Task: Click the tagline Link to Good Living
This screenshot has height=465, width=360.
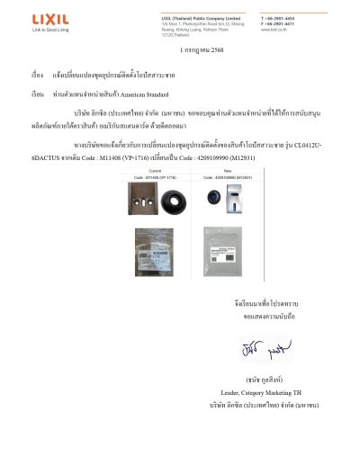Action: click(49, 30)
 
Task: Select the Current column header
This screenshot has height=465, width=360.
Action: click(154, 170)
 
